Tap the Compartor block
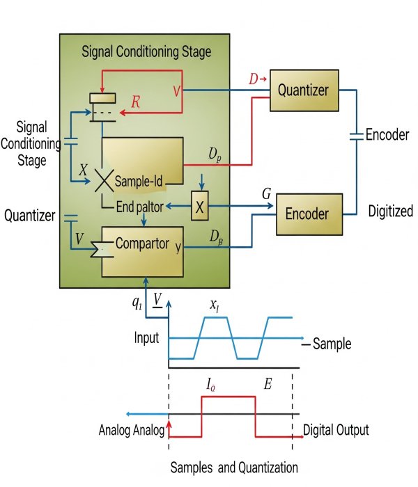[143, 244]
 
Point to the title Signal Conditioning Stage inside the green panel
[146, 51]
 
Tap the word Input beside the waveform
[147, 338]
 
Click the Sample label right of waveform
[332, 344]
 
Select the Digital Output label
[336, 429]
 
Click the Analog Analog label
[130, 430]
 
